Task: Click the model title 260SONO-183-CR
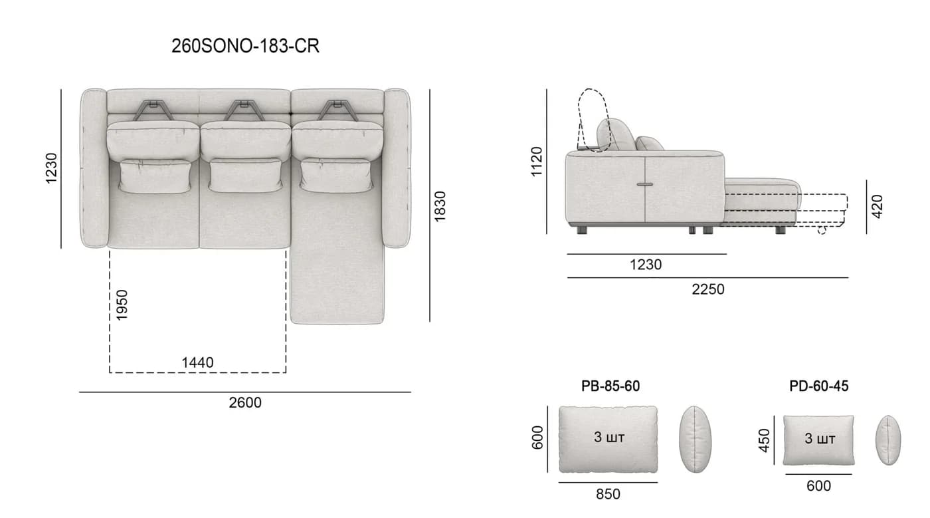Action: [245, 46]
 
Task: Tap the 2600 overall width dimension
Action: [245, 402]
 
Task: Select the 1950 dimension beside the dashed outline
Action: [122, 305]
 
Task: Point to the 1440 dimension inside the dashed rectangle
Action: [197, 362]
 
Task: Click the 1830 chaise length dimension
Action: [440, 206]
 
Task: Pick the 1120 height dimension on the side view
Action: [537, 162]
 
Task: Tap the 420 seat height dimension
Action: [878, 206]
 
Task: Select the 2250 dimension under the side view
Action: [708, 289]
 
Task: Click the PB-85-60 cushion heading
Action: [610, 386]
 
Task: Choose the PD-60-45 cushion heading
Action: [818, 386]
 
